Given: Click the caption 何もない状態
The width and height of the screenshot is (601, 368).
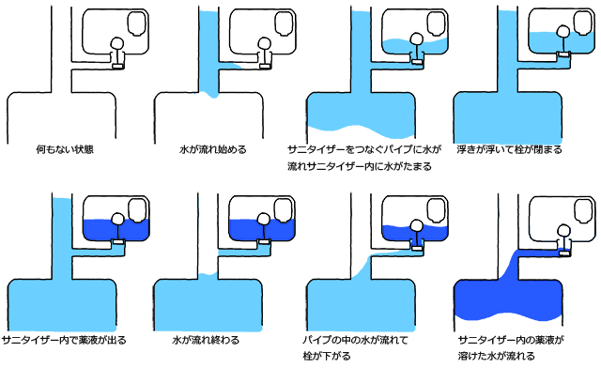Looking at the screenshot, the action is pyautogui.click(x=65, y=149).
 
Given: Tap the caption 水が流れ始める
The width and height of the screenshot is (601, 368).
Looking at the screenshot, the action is pyautogui.click(x=213, y=149).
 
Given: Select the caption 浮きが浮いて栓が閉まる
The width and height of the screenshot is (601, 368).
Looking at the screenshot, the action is pyautogui.click(x=509, y=149).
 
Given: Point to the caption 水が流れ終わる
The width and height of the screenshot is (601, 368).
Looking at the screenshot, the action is pyautogui.click(x=206, y=340).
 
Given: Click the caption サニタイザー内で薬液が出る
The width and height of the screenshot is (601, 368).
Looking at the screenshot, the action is pyautogui.click(x=64, y=340).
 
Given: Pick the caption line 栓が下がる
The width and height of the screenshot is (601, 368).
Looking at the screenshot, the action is pyautogui.click(x=327, y=356).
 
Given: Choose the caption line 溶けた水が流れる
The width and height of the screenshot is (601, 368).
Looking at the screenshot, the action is pyautogui.click(x=496, y=356).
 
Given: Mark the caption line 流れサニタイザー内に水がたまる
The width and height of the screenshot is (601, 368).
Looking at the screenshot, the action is pyautogui.click(x=360, y=166).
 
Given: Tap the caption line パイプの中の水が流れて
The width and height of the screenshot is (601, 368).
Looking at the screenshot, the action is pyautogui.click(x=355, y=340).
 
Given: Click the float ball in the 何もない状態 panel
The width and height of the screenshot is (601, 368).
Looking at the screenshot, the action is pyautogui.click(x=117, y=43).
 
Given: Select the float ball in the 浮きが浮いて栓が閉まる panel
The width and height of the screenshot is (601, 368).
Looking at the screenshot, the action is pyautogui.click(x=562, y=30).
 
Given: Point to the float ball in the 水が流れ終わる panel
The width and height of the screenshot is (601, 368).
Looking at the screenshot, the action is pyautogui.click(x=263, y=219).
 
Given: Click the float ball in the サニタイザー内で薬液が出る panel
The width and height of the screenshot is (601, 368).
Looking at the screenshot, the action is pyautogui.click(x=117, y=219).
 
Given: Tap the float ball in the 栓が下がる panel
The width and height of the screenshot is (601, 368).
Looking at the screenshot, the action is pyautogui.click(x=416, y=226).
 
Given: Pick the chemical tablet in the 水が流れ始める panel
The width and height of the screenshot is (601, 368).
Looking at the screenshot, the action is pyautogui.click(x=284, y=23).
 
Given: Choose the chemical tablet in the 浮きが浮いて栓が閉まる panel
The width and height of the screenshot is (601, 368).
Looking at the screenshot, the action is pyautogui.click(x=582, y=23).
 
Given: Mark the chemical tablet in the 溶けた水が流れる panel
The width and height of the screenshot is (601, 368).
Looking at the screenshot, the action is pyautogui.click(x=582, y=210).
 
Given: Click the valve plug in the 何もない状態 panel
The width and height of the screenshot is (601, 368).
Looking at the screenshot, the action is pyautogui.click(x=118, y=67).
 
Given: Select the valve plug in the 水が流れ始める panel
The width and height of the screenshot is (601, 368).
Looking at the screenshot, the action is pyautogui.click(x=265, y=67).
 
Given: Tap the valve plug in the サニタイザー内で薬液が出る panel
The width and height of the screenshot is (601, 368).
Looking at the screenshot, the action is pyautogui.click(x=118, y=241).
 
